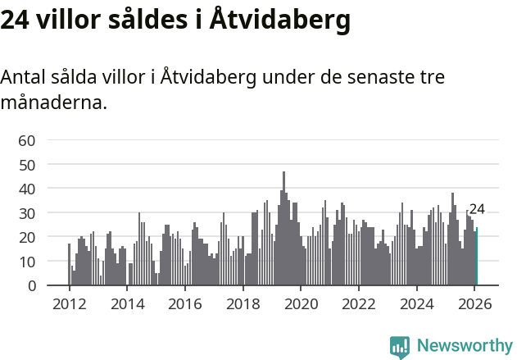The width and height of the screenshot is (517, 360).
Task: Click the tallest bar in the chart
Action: click(x=284, y=229)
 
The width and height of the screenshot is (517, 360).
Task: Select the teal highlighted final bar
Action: click(x=476, y=257)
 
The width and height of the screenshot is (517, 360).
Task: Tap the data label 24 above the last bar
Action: click(x=477, y=209)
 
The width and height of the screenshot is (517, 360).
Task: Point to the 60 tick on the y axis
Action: click(x=27, y=140)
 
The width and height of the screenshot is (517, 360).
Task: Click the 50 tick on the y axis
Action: click(x=27, y=165)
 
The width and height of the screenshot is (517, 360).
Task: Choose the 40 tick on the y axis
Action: click(x=27, y=189)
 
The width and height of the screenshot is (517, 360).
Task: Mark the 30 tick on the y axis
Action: click(x=27, y=213)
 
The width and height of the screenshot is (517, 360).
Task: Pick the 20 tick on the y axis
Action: click(x=27, y=237)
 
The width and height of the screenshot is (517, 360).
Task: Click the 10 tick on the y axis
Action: click(x=27, y=262)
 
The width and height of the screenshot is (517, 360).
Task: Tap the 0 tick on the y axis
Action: click(x=31, y=285)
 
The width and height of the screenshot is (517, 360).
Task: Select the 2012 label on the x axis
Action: click(x=69, y=303)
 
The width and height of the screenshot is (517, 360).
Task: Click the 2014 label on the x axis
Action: click(x=127, y=303)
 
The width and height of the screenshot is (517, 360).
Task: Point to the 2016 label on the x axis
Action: click(x=185, y=303)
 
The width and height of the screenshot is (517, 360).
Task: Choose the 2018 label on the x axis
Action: click(x=243, y=303)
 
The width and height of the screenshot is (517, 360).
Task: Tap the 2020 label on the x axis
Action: click(x=301, y=303)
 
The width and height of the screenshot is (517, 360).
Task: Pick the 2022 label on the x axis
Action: click(x=359, y=303)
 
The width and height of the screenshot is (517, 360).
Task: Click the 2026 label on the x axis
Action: click(x=475, y=303)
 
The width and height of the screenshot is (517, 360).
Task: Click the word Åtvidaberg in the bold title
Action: click(x=280, y=20)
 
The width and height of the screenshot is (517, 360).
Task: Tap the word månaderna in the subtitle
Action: click(x=53, y=103)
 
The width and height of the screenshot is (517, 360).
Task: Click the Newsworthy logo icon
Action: click(x=400, y=347)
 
